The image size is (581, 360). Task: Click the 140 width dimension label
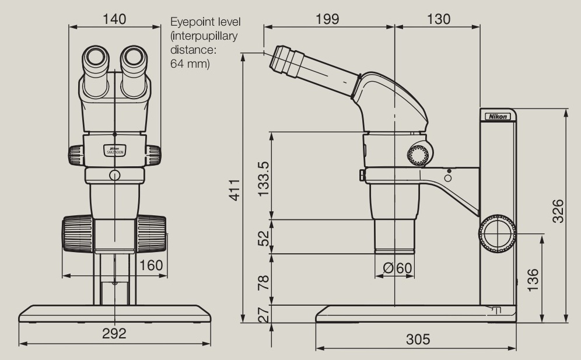pos(115,19)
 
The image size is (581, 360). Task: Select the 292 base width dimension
pos(115,334)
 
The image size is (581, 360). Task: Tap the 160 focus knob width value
pos(151,266)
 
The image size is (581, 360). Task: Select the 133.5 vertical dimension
pos(264,178)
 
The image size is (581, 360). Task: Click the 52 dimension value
pos(264,237)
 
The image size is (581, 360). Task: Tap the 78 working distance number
pos(264,282)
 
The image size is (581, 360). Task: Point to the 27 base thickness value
pos(264,314)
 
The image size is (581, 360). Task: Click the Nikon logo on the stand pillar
pos(497,117)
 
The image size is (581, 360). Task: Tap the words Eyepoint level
pos(205,22)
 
